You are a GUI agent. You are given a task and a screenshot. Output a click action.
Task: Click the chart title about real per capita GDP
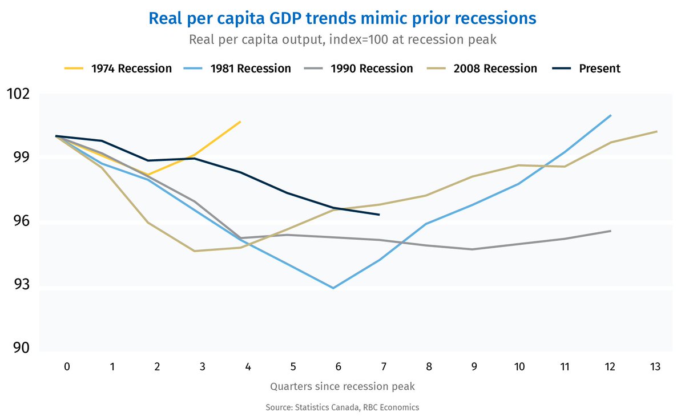pos(342,18)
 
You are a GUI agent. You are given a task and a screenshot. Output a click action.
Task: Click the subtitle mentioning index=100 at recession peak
pos(342,41)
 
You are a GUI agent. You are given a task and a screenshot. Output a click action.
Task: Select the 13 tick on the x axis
pos(655,367)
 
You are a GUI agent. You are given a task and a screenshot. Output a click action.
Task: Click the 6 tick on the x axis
pos(339,367)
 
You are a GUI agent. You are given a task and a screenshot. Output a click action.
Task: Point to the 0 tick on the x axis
pos(67,367)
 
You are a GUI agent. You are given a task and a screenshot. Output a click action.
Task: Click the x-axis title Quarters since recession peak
pos(342,386)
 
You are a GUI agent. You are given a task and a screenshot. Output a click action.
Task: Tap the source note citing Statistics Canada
pos(342,407)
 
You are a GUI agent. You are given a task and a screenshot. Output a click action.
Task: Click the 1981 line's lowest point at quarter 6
pos(333,288)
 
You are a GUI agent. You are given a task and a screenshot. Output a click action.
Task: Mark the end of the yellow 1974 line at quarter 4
pos(240,122)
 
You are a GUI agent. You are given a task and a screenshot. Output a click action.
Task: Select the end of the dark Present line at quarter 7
pos(379,215)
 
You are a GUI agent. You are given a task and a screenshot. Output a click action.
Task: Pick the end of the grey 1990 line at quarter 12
pos(611,231)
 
